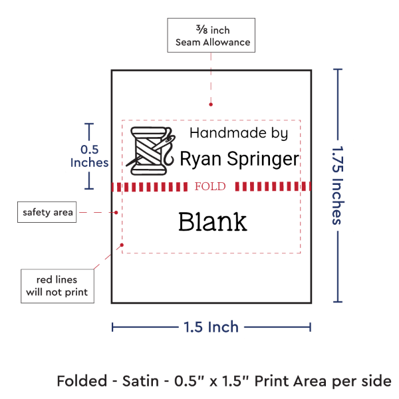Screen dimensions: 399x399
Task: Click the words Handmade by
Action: pyautogui.click(x=239, y=132)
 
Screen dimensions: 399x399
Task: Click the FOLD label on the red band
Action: pyautogui.click(x=211, y=186)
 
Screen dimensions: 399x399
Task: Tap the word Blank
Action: pyautogui.click(x=212, y=221)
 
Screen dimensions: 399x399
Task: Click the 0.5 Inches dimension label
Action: pyautogui.click(x=89, y=156)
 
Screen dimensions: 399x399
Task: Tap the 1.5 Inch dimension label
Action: pyautogui.click(x=211, y=327)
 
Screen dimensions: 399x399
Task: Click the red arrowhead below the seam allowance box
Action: pyautogui.click(x=211, y=104)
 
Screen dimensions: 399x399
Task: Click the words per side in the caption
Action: pyautogui.click(x=367, y=381)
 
